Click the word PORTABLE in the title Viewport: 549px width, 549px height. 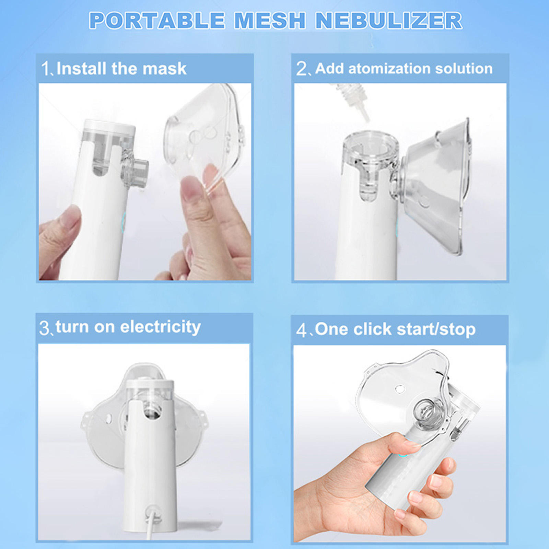tap(157, 21)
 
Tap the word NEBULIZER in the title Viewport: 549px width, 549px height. tap(389, 21)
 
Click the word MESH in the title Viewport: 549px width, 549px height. tap(270, 21)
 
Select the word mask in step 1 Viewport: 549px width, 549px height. tap(164, 68)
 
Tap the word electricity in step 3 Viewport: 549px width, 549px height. tap(160, 327)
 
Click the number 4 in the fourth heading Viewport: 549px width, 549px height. tap(302, 330)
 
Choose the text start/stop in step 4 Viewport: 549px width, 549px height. tap(436, 329)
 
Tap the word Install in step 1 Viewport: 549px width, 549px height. tap(81, 68)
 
